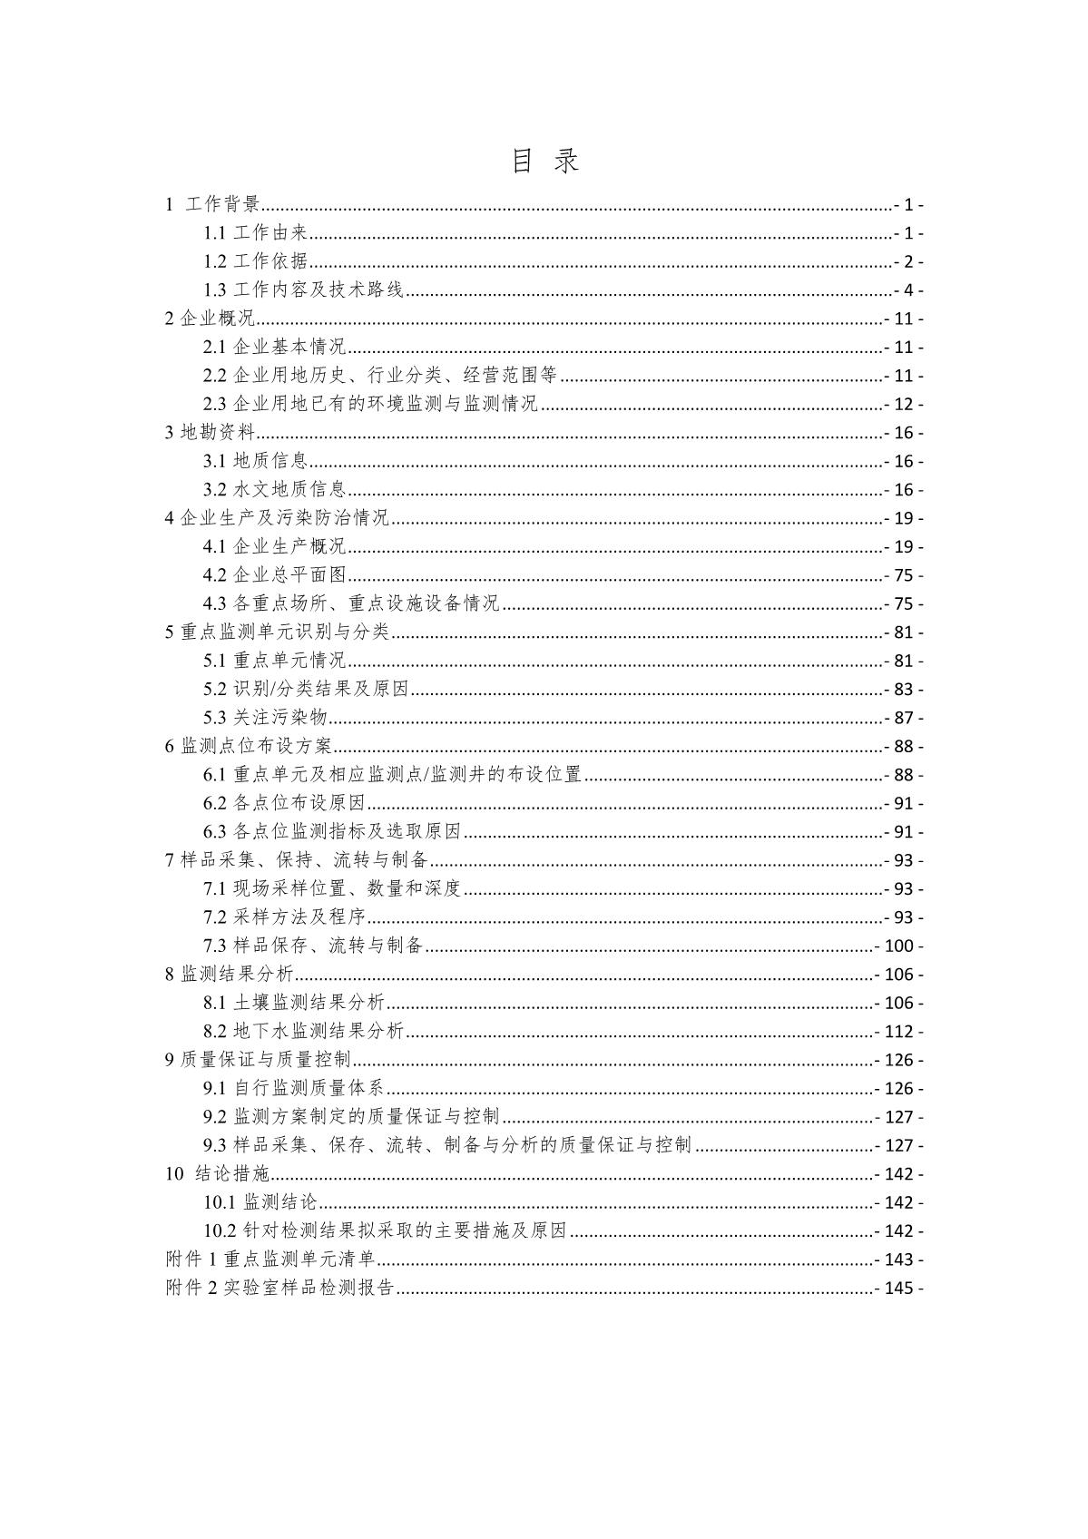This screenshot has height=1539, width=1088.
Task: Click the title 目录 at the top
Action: [x=544, y=162]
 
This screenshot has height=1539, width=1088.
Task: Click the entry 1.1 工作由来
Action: [x=258, y=233]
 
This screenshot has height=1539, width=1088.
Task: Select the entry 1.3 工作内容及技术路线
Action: [x=303, y=290]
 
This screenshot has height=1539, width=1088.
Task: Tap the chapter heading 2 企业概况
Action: [x=210, y=319]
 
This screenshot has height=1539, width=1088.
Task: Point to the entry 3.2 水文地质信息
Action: [x=274, y=490]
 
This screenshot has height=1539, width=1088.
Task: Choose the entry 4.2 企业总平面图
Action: [x=274, y=575]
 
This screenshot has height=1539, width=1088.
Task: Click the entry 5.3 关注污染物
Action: [x=265, y=718]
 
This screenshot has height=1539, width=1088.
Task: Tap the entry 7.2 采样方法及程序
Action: [x=284, y=917]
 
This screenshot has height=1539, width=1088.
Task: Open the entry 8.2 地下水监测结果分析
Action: [x=303, y=1032]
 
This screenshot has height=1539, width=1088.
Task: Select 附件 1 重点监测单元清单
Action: [x=270, y=1260]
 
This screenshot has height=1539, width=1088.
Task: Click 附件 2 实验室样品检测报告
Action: [x=279, y=1288]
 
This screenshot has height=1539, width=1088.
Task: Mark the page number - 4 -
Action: [x=907, y=290]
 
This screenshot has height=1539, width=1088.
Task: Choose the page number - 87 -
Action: [x=903, y=718]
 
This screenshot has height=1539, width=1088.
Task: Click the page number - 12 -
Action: [x=903, y=404]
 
